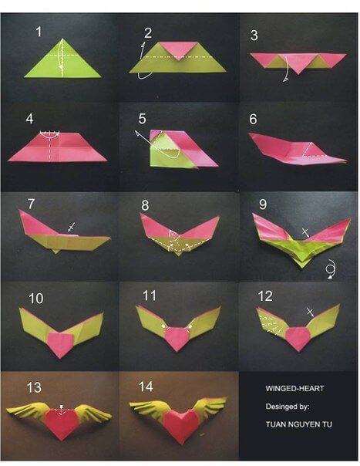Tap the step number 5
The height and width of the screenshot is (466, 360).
pyautogui.click(x=142, y=119)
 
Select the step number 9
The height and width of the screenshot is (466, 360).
pyautogui.click(x=262, y=204)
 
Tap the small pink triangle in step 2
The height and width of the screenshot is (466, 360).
pyautogui.click(x=178, y=51)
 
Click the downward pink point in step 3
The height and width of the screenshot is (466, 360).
pyautogui.click(x=297, y=69)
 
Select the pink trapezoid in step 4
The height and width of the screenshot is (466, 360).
pyautogui.click(x=58, y=146)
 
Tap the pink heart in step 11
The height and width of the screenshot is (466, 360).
pyautogui.click(x=178, y=337)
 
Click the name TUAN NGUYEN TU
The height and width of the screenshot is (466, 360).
pyautogui.click(x=294, y=423)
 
